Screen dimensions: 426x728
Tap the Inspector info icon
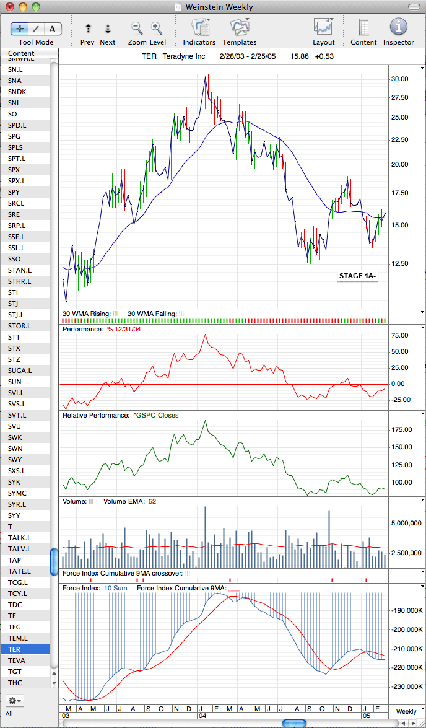click(x=398, y=27)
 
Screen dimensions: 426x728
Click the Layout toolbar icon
click(x=323, y=27)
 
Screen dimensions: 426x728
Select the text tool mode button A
click(x=53, y=29)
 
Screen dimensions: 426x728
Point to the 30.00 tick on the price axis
click(x=399, y=79)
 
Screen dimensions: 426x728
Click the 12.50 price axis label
click(x=399, y=263)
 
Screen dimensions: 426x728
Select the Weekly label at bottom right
click(x=406, y=711)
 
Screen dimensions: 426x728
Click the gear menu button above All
click(x=14, y=699)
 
